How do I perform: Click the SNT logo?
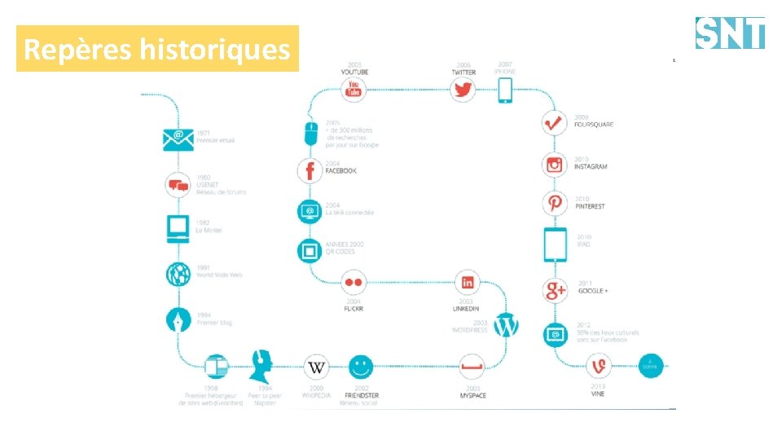(x=730, y=33)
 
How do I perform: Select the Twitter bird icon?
(x=463, y=90)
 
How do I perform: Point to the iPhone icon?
(x=505, y=89)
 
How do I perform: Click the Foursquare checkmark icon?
(x=555, y=123)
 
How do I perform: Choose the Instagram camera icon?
(x=555, y=165)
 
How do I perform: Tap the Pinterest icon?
(x=555, y=203)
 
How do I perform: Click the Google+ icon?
(x=555, y=290)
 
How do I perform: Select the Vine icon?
(x=599, y=367)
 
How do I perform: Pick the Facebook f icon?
(x=310, y=170)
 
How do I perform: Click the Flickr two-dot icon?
(x=353, y=283)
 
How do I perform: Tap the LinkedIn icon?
(x=467, y=283)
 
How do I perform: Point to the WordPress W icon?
(x=506, y=326)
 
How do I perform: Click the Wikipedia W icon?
(x=316, y=367)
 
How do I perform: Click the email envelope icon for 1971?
(x=178, y=139)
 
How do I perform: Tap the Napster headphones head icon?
(x=261, y=366)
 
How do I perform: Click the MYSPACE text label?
(x=472, y=396)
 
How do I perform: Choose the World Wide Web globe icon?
(x=178, y=275)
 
